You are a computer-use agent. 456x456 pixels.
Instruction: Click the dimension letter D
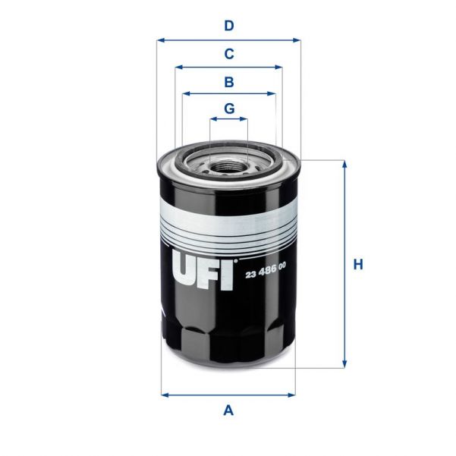[228, 26]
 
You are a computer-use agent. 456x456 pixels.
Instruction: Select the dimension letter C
[228, 54]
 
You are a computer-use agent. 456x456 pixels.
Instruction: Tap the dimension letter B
[228, 81]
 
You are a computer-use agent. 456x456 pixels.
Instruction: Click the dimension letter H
[359, 265]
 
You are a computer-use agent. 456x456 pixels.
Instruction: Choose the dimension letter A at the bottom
[228, 411]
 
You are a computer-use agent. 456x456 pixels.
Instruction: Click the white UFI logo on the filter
[201, 270]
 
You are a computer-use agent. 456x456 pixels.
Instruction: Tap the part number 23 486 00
[266, 274]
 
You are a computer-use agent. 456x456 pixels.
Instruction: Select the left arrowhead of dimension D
[160, 40]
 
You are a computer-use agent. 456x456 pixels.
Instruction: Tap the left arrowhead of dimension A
[165, 395]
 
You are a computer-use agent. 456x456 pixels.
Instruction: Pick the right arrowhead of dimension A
[291, 395]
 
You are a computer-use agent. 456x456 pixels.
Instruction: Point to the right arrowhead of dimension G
[244, 119]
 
